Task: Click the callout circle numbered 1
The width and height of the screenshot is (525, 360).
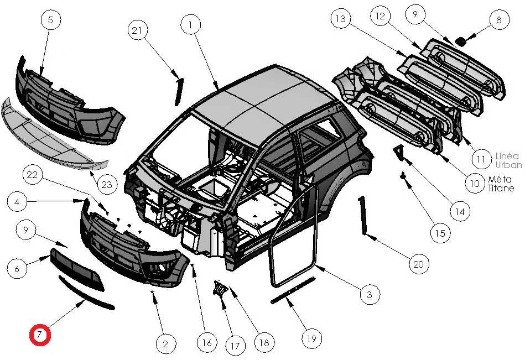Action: pyautogui.click(x=190, y=25)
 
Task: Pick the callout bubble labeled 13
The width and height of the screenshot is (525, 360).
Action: pyautogui.click(x=340, y=19)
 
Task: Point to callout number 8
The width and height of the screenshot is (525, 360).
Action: pyautogui.click(x=498, y=20)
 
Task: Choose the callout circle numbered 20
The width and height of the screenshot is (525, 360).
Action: pyautogui.click(x=418, y=265)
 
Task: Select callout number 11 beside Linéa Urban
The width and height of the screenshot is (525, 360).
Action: pyautogui.click(x=481, y=159)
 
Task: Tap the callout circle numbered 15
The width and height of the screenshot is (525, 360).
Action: pyautogui.click(x=439, y=233)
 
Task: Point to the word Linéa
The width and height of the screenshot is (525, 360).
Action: pyautogui.click(x=508, y=156)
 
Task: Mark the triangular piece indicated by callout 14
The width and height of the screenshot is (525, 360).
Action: pyautogui.click(x=399, y=151)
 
